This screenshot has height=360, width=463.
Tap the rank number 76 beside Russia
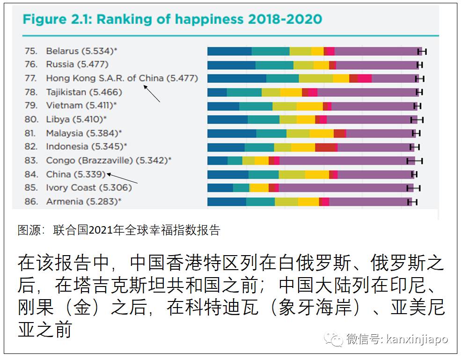(30, 64)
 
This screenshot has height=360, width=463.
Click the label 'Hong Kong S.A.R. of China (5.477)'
(122, 78)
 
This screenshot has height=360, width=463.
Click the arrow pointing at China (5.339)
(123, 178)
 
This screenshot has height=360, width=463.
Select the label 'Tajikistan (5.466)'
(84, 92)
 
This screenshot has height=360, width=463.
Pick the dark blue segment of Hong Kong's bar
(236, 79)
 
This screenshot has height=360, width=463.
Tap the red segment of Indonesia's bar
(326, 147)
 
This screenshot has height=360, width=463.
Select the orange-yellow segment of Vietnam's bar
(309, 106)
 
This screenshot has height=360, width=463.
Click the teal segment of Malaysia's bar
(271, 133)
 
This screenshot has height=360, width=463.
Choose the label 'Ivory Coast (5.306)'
(88, 188)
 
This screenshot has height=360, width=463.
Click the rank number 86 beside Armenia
(30, 202)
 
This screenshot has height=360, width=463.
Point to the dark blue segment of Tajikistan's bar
(217, 92)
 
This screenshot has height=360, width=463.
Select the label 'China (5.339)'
(75, 174)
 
